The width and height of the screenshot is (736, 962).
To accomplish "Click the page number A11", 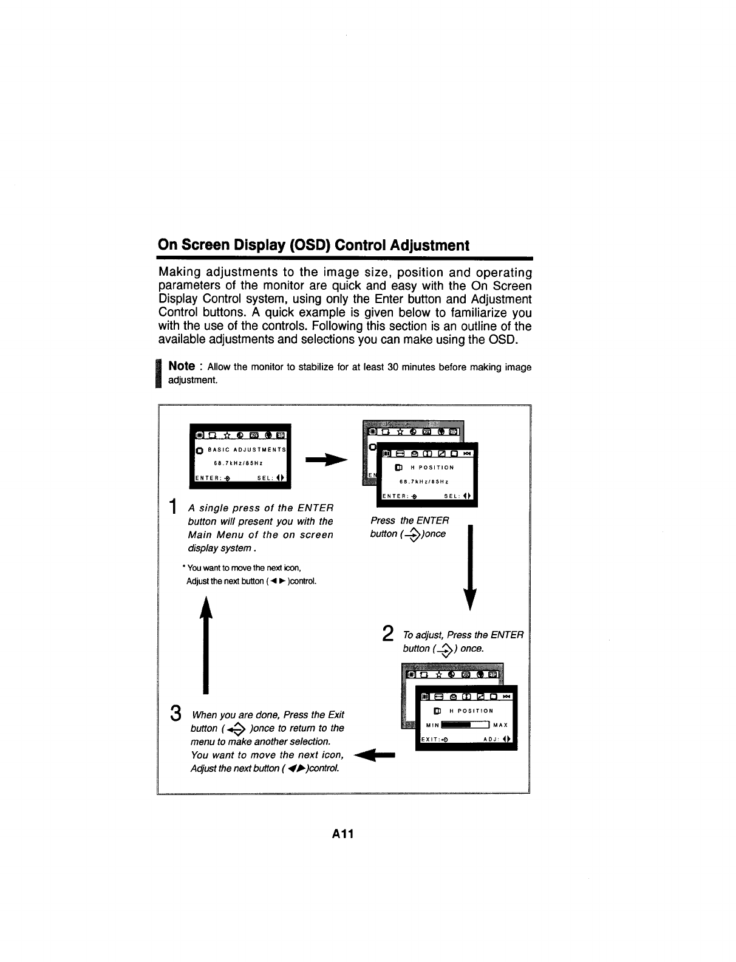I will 342,833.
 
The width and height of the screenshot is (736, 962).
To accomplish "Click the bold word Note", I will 182,366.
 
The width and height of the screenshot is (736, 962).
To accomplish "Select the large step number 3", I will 175,713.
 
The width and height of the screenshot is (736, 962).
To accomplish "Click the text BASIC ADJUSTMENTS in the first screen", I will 247,450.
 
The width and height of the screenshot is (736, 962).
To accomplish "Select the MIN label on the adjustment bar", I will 432,725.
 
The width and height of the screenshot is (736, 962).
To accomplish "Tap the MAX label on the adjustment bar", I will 500,725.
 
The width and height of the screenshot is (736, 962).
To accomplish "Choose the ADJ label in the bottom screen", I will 491,739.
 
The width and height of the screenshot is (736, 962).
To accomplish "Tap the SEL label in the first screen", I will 265,477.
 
